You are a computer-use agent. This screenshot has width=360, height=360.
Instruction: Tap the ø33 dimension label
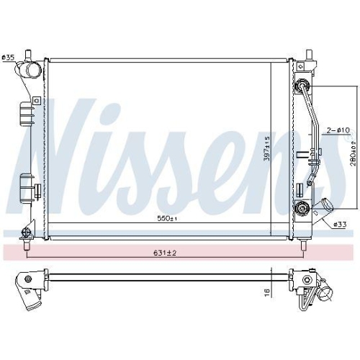pos(339,224)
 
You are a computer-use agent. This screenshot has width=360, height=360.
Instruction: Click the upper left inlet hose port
pos(31,72)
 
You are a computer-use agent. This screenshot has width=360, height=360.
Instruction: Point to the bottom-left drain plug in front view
pos(27,233)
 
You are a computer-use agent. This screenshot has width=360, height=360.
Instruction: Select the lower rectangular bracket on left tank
pos(24,189)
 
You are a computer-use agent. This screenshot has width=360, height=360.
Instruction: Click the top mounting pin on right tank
pos(309,55)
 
